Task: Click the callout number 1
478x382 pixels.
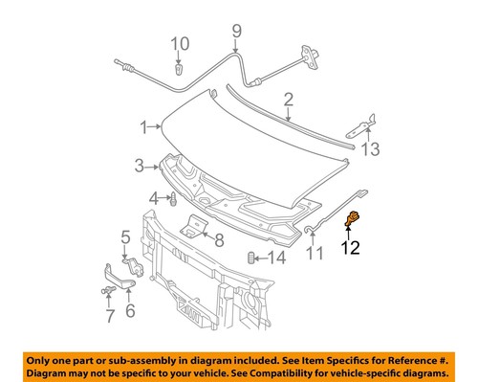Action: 143,126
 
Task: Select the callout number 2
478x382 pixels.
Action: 288,98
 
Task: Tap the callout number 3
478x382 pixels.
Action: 140,166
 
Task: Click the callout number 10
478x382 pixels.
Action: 181,43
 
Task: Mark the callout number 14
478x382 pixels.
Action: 276,258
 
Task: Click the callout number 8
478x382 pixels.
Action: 219,239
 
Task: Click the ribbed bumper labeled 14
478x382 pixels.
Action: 252,258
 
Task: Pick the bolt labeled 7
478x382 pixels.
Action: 103,290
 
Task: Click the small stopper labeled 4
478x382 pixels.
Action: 172,201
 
